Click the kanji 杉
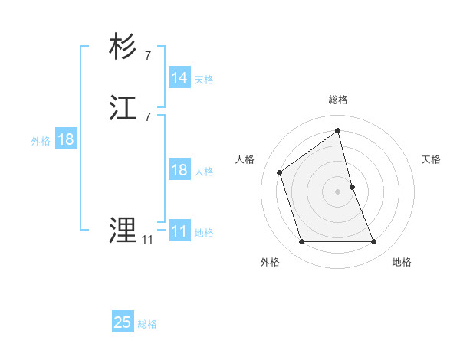click(123, 47)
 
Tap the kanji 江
click(123, 108)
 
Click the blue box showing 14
click(179, 78)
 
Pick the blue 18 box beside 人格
click(179, 170)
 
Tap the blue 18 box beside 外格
click(66, 139)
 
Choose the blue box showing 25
click(123, 322)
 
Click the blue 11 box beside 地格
click(179, 231)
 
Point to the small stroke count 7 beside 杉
click(147, 55)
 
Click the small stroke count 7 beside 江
click(147, 116)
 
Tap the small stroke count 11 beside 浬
click(146, 239)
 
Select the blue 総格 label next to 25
click(147, 324)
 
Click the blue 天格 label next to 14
click(204, 80)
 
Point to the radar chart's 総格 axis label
click(338, 100)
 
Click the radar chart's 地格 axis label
click(402, 262)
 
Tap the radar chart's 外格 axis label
click(270, 262)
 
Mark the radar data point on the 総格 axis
click(338, 130)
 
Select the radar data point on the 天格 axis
click(353, 186)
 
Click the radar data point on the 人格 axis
click(280, 172)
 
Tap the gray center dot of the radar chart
click(338, 191)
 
